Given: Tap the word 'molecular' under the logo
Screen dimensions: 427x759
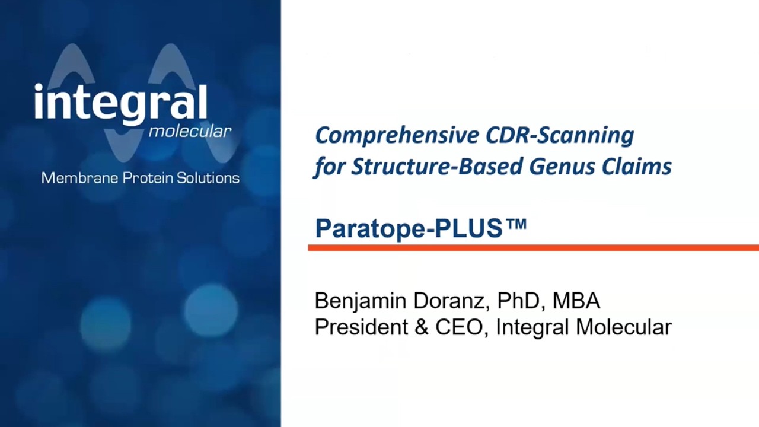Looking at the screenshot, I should [x=190, y=131].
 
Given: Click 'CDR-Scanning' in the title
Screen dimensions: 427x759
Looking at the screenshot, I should [x=560, y=136].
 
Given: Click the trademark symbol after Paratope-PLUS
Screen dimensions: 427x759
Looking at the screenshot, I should [x=516, y=224].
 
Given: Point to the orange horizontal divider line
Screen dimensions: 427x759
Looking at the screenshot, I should [x=534, y=248].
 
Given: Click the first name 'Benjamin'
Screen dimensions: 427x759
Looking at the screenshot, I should [x=359, y=301].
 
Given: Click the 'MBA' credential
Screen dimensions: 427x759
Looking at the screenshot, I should [x=576, y=301].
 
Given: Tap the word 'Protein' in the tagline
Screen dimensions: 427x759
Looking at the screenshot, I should [x=145, y=178].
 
